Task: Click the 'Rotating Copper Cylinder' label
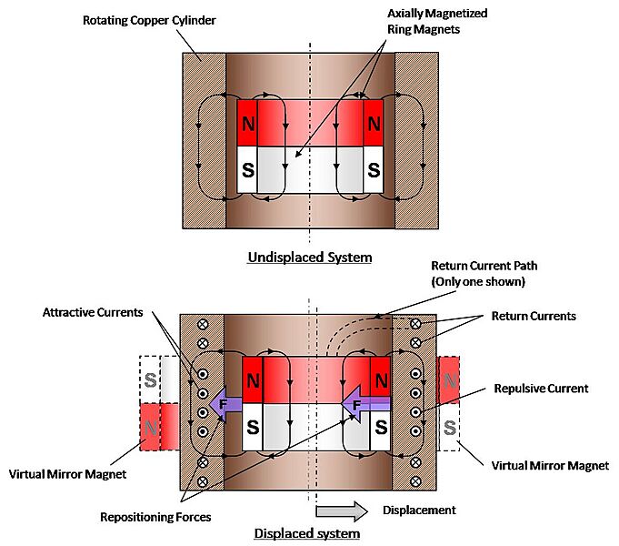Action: click(148, 20)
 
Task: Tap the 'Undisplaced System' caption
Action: click(309, 258)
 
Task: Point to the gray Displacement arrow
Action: click(341, 509)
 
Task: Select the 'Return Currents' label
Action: click(534, 317)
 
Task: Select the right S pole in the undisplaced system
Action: click(374, 169)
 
